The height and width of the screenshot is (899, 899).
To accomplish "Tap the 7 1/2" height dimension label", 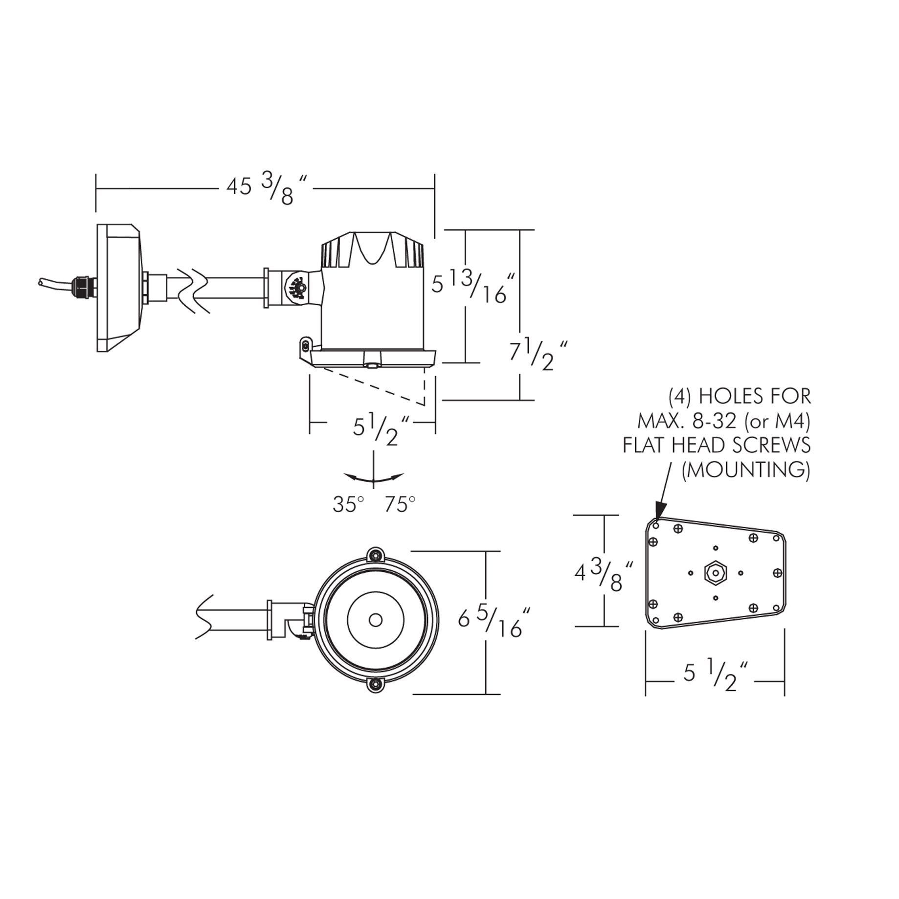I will (539, 354).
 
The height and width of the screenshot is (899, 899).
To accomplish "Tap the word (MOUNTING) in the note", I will (746, 470).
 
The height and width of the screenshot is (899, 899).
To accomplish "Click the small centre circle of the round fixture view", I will (375, 620).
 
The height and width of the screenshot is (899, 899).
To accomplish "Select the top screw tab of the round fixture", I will (375, 556).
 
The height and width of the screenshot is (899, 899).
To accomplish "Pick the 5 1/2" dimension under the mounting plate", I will (715, 675).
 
